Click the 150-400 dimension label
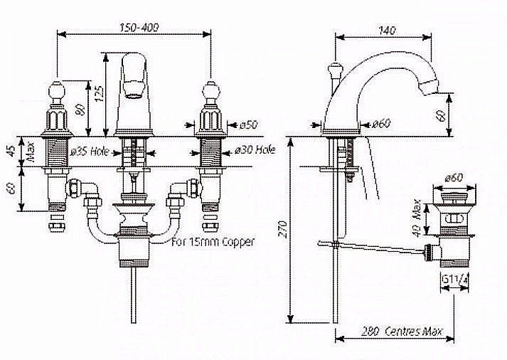[x=139, y=28]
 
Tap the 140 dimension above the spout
[x=387, y=31]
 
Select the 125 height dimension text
[x=100, y=94]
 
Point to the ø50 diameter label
[x=248, y=125]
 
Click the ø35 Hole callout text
[x=90, y=152]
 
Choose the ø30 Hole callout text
[x=255, y=149]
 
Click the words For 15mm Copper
[x=213, y=242]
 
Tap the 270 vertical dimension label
[x=283, y=229]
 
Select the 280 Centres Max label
[x=402, y=332]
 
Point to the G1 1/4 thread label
[x=454, y=278]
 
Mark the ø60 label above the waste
[x=454, y=177]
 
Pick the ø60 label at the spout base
[x=381, y=124]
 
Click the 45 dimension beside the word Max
[x=11, y=151]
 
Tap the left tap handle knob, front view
[x=57, y=90]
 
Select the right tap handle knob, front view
[x=210, y=90]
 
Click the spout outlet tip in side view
[x=428, y=88]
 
